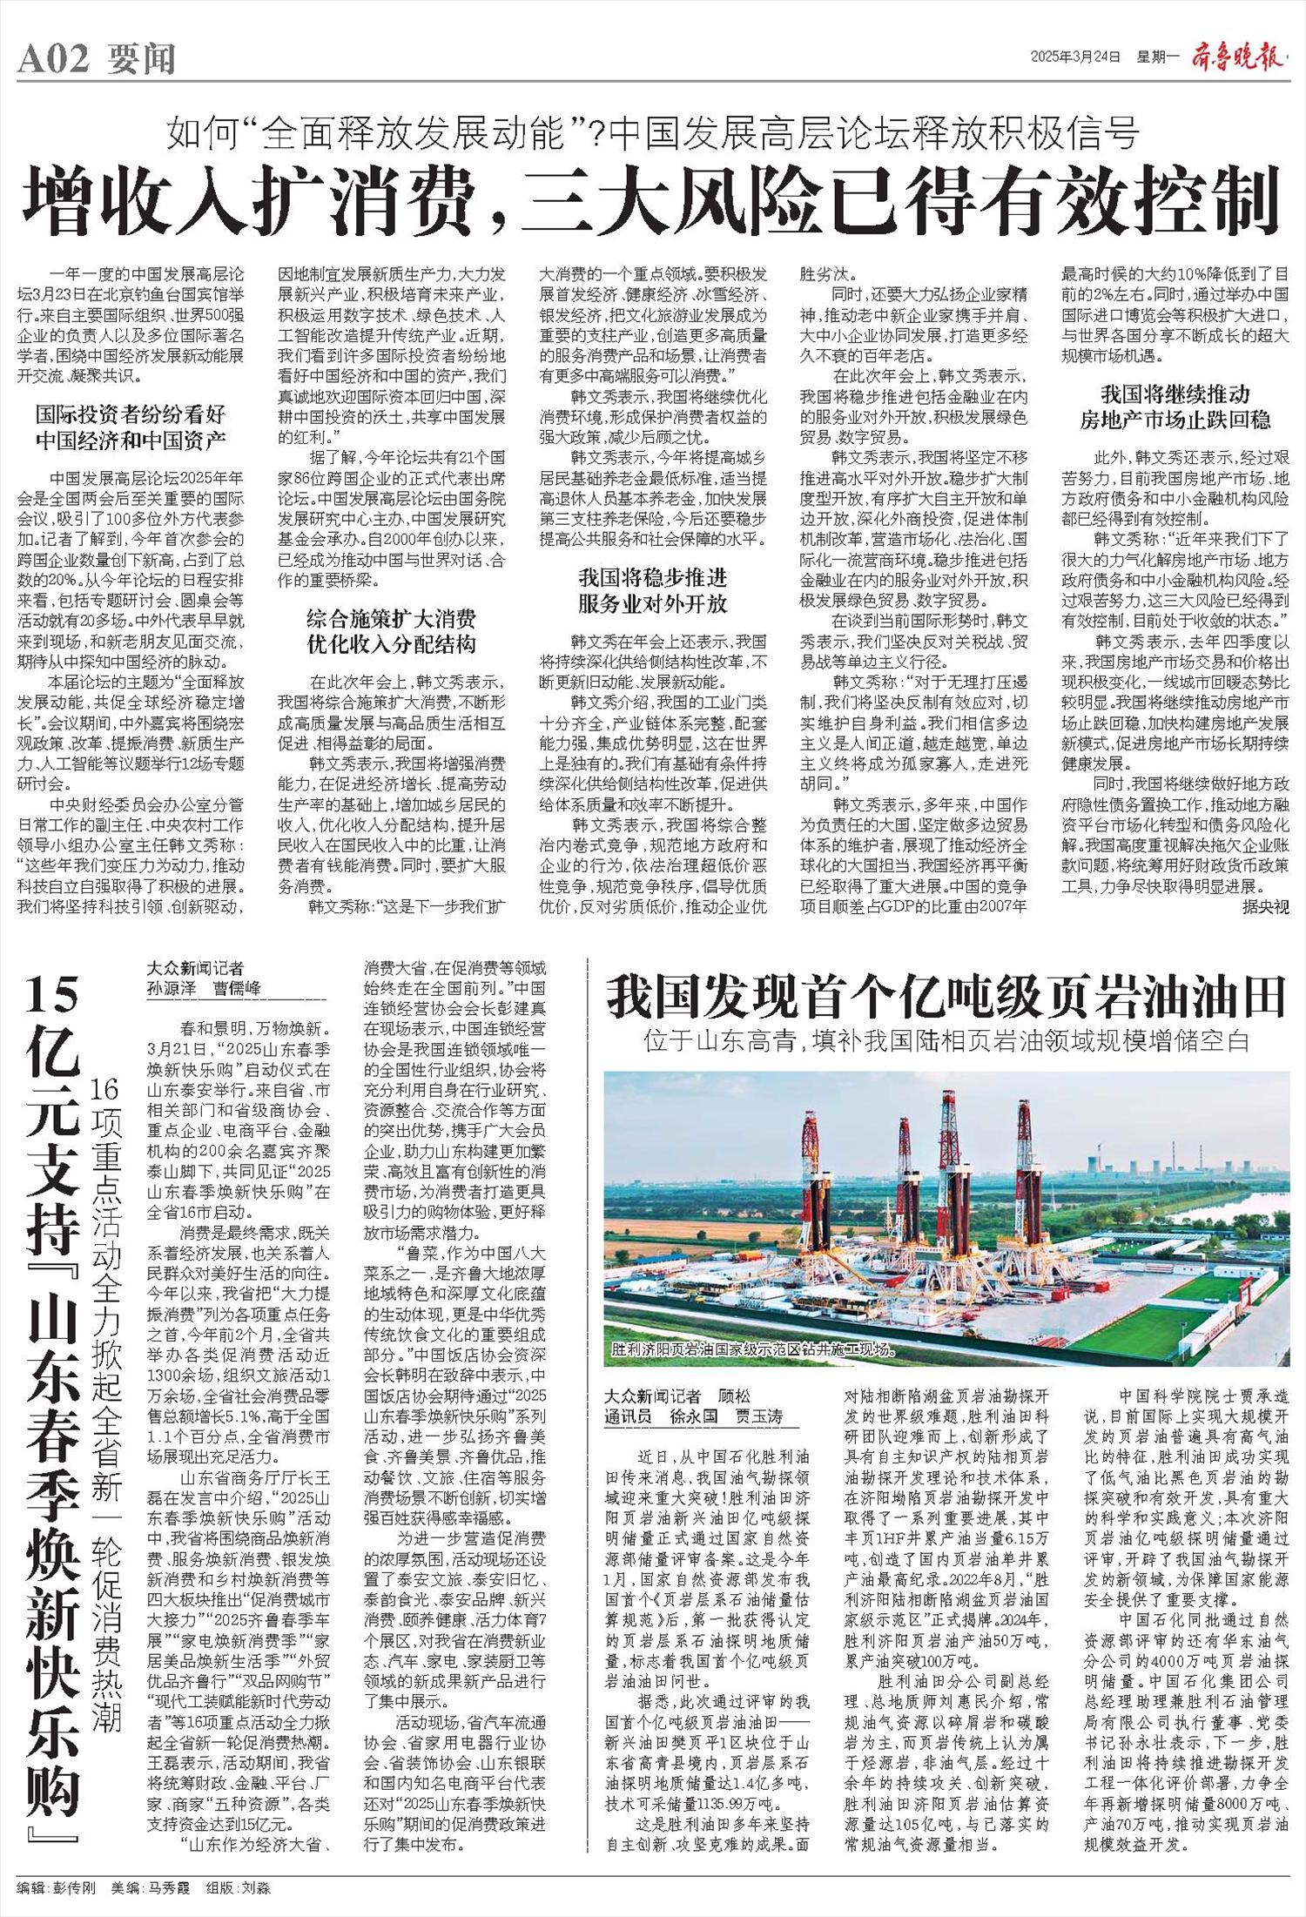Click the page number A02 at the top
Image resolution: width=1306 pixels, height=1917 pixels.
pos(53,59)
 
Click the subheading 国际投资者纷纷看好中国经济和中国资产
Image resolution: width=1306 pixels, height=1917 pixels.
pos(131,426)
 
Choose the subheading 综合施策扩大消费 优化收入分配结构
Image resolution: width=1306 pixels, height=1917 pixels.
pos(391,632)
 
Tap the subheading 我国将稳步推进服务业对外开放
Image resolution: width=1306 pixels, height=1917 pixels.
pos(652,590)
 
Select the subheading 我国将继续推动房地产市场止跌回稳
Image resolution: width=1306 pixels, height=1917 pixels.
pos(1175,407)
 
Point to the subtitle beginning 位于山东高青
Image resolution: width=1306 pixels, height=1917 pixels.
pos(946,1039)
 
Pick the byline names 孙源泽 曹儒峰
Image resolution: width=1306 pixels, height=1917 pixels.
pos(205,988)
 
